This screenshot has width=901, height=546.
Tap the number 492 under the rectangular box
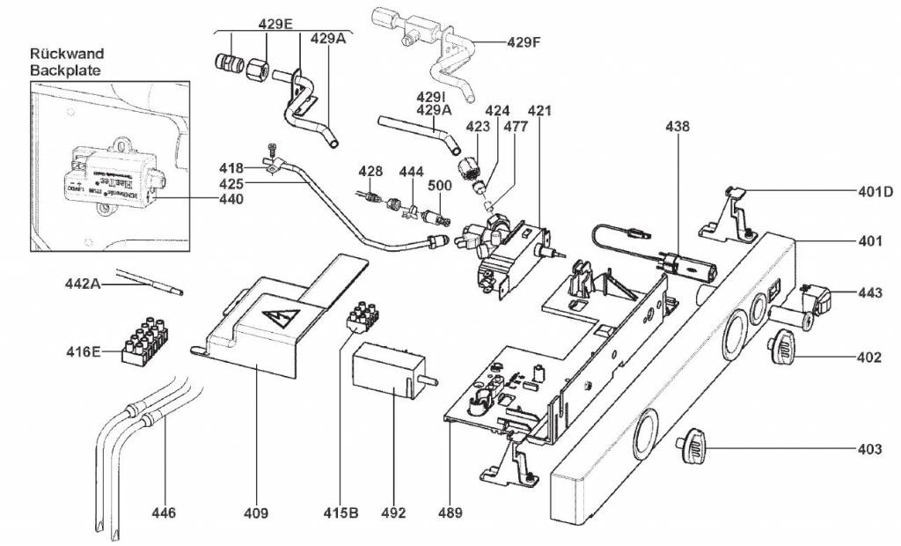[x=393, y=512]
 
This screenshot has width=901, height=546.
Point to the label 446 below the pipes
[x=164, y=512]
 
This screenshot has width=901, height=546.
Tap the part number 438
[x=678, y=127]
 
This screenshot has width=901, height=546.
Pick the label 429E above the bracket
[x=275, y=23]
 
